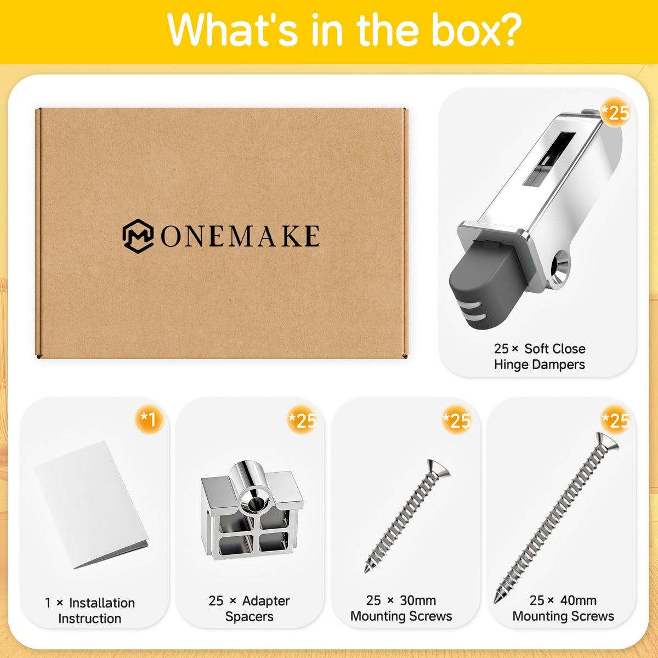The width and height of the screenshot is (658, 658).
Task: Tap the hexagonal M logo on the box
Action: click(x=138, y=236)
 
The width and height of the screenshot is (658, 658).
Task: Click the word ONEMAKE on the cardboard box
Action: click(x=240, y=236)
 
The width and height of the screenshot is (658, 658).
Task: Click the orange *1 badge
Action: click(x=149, y=419)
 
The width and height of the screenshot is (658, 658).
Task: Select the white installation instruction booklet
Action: click(x=92, y=504)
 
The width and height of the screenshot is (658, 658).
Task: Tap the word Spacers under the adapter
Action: click(x=249, y=617)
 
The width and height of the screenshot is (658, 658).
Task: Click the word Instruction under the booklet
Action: click(x=90, y=619)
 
